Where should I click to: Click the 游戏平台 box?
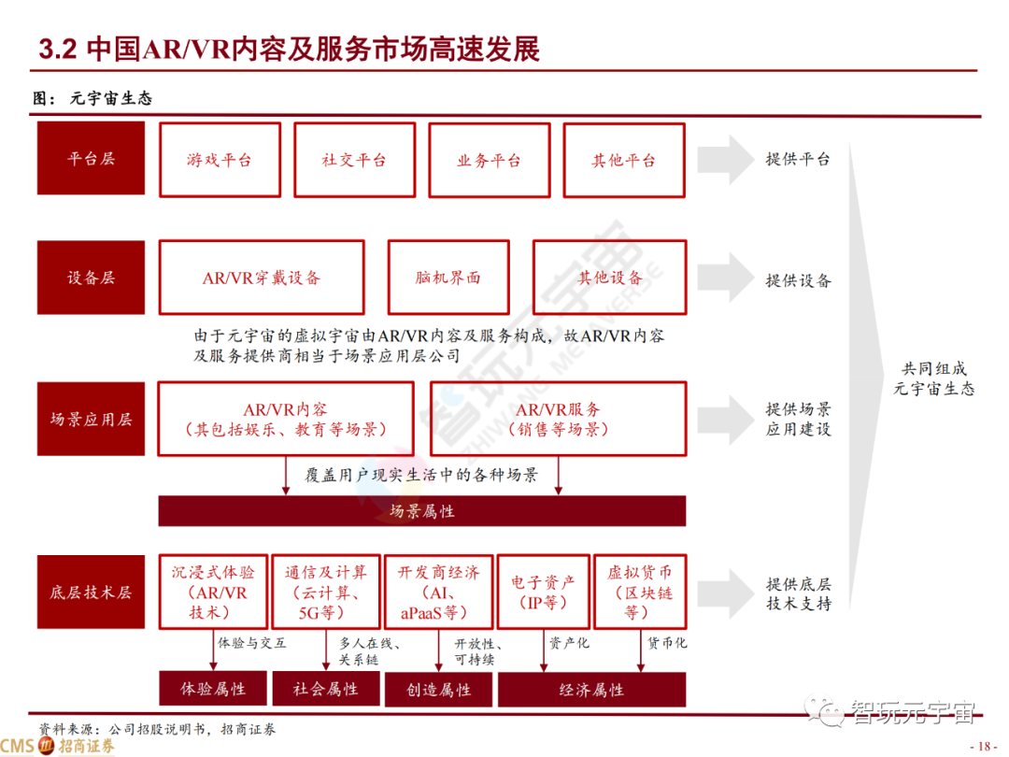tap(220, 160)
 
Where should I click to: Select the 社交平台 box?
tap(354, 160)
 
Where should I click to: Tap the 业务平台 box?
tap(489, 160)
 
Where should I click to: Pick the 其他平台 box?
tap(623, 160)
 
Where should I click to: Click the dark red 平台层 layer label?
tap(91, 159)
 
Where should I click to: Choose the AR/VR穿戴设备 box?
tap(262, 278)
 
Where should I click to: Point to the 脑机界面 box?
tap(448, 278)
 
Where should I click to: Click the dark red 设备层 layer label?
tap(91, 279)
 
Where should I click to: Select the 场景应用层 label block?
tap(91, 419)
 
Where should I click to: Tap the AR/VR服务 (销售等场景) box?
tap(559, 419)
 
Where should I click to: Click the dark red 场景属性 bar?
tap(422, 511)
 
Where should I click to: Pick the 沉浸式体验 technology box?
tap(213, 592)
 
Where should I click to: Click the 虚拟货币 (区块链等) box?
tap(640, 592)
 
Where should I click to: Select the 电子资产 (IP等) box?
tap(543, 592)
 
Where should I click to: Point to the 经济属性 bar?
tap(591, 690)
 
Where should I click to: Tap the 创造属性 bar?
tap(439, 690)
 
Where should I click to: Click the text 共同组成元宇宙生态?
tap(933, 378)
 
